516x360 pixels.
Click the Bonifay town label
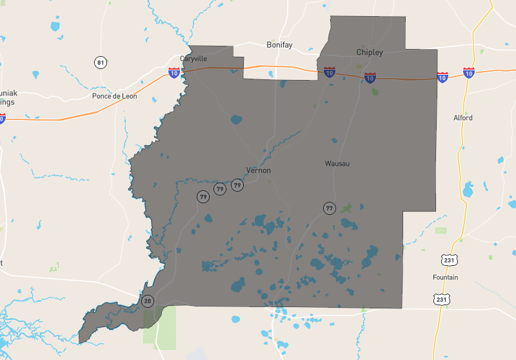pos(279,45)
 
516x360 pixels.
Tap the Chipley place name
pos(370,52)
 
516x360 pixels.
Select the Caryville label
pos(193,59)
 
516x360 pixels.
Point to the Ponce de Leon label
pos(115,96)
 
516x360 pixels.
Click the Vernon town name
pos(258,170)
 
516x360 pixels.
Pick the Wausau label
pos(337,164)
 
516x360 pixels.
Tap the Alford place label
pos(462,118)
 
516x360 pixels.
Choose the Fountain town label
pos(445,277)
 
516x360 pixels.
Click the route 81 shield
pos(100,63)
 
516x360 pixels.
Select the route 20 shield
pos(148,301)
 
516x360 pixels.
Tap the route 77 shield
pos(330,208)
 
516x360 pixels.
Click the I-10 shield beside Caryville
pos(174,73)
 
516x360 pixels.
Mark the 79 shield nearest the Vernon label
pos(237,185)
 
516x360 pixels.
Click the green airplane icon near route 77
pos(348,208)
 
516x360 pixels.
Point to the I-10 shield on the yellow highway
pos(469,72)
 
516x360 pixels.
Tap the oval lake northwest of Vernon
pos(236,119)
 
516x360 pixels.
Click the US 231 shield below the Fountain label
pos(441,299)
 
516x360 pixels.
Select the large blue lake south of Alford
pos(468,190)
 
